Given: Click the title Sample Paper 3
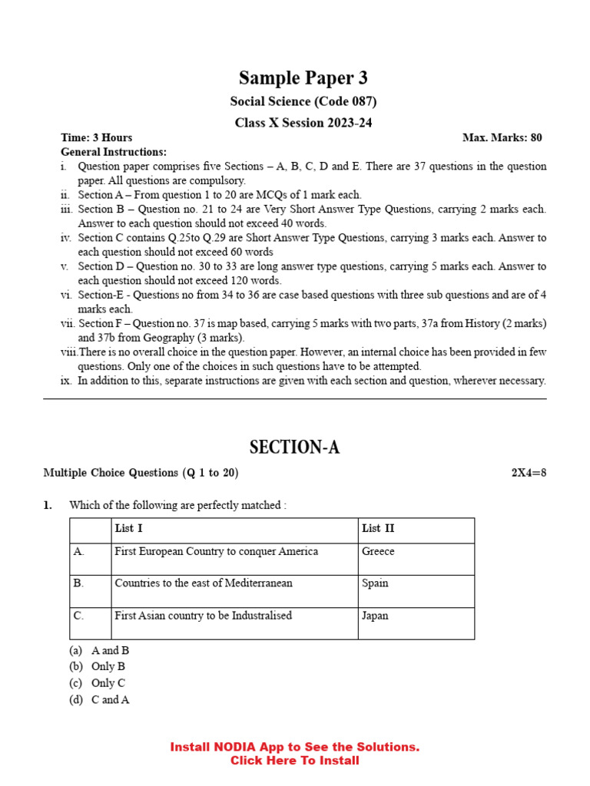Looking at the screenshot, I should click(303, 78).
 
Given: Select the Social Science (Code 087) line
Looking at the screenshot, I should click(303, 101).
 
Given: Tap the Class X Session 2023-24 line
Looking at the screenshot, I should click(303, 123).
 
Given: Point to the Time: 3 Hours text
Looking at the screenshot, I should click(97, 138).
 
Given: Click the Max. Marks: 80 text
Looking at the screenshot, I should click(502, 138).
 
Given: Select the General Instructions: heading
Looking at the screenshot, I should click(114, 152).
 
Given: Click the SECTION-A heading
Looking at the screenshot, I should click(294, 447).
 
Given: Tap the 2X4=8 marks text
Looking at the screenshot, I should click(529, 473).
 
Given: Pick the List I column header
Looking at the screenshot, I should click(128, 528).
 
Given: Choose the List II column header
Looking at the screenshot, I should click(378, 528).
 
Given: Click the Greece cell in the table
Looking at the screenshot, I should click(378, 551).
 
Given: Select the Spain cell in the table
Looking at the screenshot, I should click(376, 583).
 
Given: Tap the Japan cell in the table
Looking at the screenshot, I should click(376, 616).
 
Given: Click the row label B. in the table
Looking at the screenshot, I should click(78, 583).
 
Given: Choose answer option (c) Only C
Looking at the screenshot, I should click(98, 683).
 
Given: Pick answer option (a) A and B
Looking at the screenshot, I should click(99, 650).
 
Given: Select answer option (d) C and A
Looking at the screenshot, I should click(99, 700).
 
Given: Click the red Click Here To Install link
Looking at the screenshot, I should click(294, 761).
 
